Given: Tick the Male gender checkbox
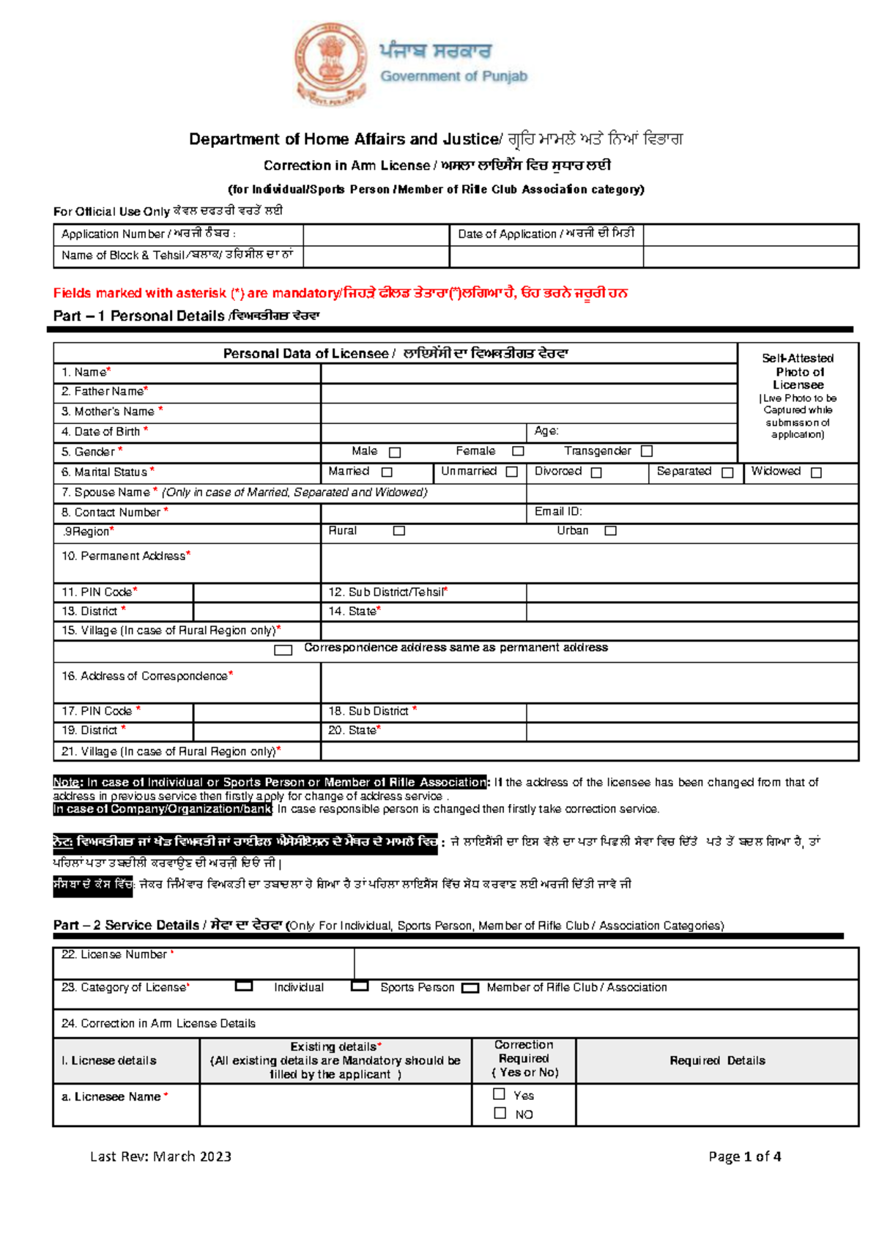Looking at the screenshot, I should (395, 453).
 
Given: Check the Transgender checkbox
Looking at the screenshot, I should (646, 452).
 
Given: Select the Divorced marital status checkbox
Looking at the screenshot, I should (596, 473).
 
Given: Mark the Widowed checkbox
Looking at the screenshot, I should (816, 473).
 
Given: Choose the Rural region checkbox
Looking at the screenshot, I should (398, 531).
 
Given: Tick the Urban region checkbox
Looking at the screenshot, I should (610, 531).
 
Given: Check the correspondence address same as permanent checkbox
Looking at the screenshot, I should (283, 650).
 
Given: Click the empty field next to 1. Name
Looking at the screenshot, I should (527, 373).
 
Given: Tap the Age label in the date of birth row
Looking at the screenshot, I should (546, 431).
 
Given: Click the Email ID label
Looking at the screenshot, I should (558, 512).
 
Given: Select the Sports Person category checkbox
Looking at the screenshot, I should (360, 986).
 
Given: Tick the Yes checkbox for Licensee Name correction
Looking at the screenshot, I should (500, 1094).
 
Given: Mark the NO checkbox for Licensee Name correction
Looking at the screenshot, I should (500, 1113).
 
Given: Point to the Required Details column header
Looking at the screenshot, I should (717, 1060).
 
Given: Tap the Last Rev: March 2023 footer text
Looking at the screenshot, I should (160, 1156).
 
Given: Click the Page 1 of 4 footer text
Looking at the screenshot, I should (744, 1156).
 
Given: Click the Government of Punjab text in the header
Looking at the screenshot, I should (453, 76).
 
